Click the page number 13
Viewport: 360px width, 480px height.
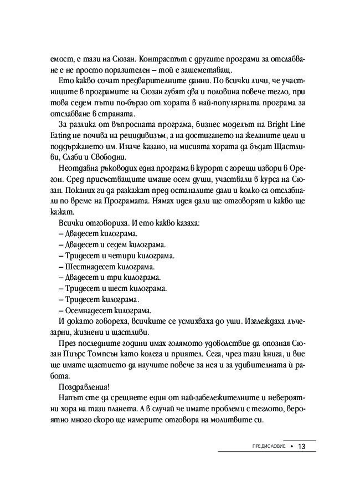(302, 447)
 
